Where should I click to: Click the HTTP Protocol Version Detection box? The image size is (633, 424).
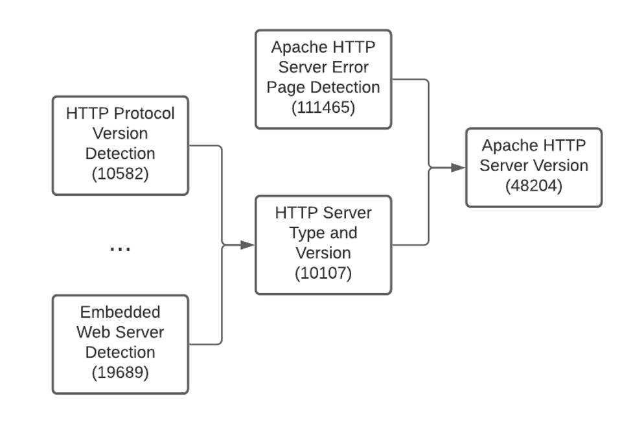click(121, 145)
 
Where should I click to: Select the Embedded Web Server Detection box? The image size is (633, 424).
click(121, 344)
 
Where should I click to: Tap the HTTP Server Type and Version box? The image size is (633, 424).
click(323, 244)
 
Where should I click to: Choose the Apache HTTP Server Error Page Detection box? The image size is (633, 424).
click(323, 78)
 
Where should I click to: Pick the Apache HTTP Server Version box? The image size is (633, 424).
click(533, 167)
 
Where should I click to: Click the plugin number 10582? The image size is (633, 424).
click(121, 174)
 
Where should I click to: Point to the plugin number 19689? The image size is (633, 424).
click(121, 373)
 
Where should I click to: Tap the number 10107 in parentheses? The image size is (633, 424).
click(323, 273)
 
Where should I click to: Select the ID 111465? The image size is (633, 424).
click(323, 108)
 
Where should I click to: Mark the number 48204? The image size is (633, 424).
click(533, 186)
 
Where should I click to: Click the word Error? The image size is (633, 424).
click(355, 67)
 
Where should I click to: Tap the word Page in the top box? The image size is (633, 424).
click(285, 87)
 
